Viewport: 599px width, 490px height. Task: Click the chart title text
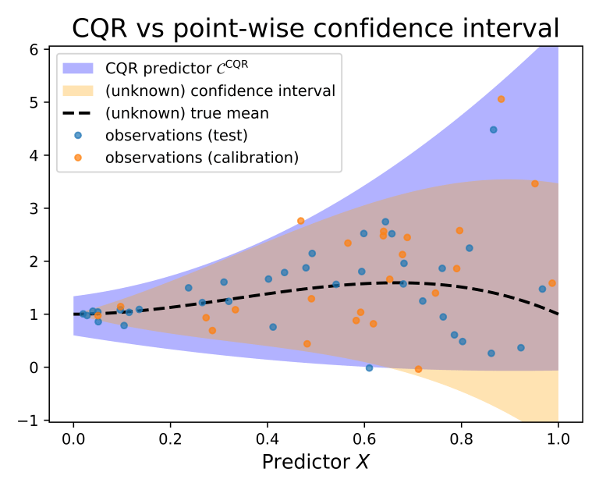click(315, 28)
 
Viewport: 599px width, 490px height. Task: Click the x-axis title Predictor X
click(315, 461)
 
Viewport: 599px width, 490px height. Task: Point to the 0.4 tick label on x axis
click(268, 437)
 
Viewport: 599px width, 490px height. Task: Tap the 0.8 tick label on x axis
click(462, 437)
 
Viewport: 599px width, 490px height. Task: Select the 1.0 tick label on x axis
click(558, 437)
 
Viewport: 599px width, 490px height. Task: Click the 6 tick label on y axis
click(35, 48)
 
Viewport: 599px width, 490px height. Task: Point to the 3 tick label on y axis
click(35, 208)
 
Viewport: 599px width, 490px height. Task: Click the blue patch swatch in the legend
click(80, 68)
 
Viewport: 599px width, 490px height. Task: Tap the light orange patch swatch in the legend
click(80, 91)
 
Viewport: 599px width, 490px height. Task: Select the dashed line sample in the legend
click(80, 113)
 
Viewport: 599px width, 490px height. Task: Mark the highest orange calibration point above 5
click(501, 99)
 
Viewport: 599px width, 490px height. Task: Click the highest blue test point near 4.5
click(493, 130)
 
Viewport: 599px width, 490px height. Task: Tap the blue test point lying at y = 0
click(369, 367)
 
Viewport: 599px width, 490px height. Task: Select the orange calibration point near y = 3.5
click(534, 184)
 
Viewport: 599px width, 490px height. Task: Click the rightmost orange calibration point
click(551, 283)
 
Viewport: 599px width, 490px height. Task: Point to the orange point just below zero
click(418, 369)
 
